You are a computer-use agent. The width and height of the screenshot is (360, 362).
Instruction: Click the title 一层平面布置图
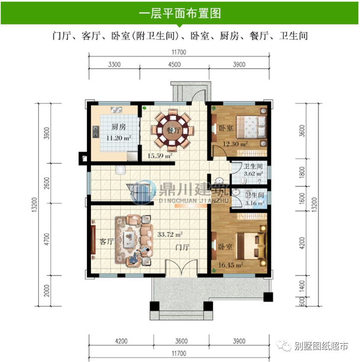point(180,13)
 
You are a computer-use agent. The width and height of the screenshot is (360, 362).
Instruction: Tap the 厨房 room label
point(119,127)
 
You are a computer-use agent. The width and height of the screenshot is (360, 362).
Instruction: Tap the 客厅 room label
point(106,242)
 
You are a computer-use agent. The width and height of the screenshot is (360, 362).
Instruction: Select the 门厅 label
point(183,247)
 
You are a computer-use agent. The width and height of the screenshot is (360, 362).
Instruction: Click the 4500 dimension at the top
point(174,65)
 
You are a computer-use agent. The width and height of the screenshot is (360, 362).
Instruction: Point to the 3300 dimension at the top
point(114,65)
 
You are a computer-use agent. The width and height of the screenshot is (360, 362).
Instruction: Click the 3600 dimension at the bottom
point(181,341)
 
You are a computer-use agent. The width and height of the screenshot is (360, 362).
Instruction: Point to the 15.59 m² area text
point(160,156)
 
